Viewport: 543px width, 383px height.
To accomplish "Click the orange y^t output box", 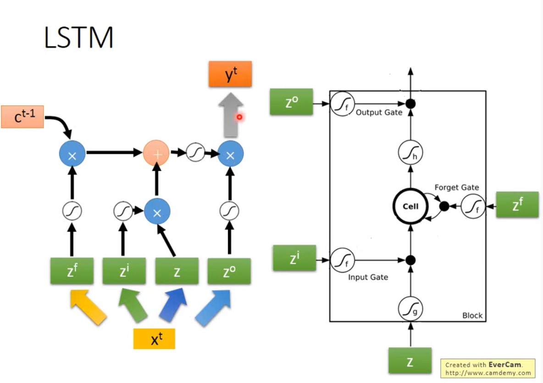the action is pos(230,74).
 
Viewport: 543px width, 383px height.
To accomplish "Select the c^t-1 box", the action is pos(22,117).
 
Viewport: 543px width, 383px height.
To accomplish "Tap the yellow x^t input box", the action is pos(154,338).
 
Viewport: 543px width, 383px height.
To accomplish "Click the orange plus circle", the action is pos(156,153).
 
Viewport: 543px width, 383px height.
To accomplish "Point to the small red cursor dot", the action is pos(239,117).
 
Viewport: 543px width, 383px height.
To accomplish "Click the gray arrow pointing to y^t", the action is pos(231,115).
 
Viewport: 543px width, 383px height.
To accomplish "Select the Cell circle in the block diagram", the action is pos(410,206).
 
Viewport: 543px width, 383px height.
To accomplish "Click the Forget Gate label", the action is pos(456,187).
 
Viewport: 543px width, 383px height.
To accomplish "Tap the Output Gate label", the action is pos(379,113).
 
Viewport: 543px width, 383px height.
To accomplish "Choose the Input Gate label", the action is pos(368,277).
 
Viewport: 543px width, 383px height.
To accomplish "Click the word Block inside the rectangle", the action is pos(472,315).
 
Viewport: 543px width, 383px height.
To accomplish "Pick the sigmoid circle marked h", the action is pos(410,152).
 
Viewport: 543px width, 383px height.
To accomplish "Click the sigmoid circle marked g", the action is pos(410,309).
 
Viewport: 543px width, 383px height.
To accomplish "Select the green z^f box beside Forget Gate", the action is pos(517,205).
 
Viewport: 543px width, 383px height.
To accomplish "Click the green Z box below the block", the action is pos(410,361).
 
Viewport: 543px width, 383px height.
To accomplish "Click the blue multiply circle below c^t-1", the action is pos(72,154).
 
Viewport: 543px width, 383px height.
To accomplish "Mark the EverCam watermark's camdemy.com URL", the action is pos(488,373).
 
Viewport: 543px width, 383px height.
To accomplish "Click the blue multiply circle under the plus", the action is pos(157,212).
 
